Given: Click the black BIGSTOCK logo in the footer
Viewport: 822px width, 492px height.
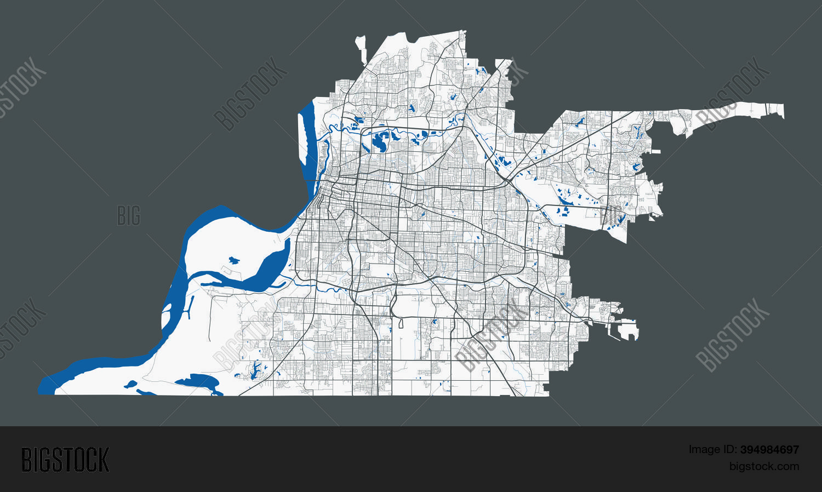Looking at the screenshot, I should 65,459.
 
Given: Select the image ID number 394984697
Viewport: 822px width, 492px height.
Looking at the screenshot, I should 769,450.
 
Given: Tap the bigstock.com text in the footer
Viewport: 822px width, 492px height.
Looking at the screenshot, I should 764,467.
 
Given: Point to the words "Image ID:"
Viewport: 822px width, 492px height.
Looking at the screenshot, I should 712,450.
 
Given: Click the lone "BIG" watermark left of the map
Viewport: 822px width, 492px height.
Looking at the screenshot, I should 129,216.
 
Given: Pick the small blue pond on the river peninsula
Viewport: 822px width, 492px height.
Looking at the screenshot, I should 234,260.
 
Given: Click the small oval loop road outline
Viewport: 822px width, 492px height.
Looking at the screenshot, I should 401,323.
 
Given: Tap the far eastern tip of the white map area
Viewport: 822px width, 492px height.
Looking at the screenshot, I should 782,111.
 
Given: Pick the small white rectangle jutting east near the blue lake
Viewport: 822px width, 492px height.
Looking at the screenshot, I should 656,151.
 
